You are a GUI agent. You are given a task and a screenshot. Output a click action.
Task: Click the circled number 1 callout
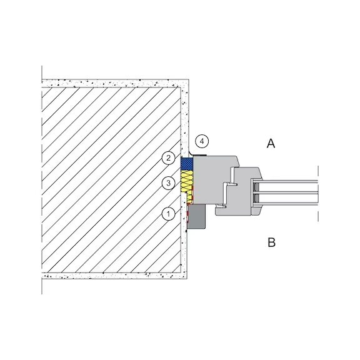click(x=168, y=214)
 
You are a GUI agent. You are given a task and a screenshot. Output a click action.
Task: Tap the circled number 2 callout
click(x=168, y=158)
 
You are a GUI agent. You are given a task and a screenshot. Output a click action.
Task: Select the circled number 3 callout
click(x=168, y=183)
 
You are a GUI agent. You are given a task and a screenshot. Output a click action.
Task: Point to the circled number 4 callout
click(x=202, y=141)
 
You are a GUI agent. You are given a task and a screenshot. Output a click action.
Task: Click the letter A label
click(x=271, y=144)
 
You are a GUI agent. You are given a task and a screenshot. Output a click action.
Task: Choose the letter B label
click(x=272, y=242)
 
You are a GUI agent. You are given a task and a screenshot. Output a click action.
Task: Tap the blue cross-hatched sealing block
click(x=187, y=164)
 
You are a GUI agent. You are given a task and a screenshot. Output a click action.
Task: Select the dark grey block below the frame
click(x=196, y=216)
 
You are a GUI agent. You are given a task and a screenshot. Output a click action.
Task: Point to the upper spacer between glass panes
click(x=256, y=187)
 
